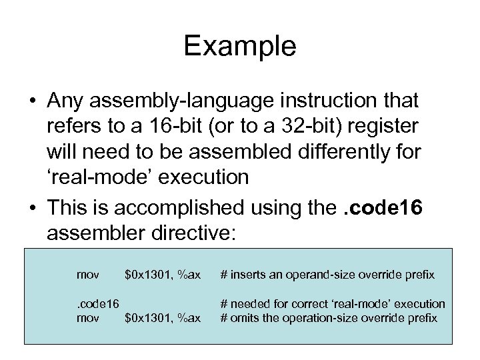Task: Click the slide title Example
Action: pos(240,46)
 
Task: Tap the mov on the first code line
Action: pos(89,274)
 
